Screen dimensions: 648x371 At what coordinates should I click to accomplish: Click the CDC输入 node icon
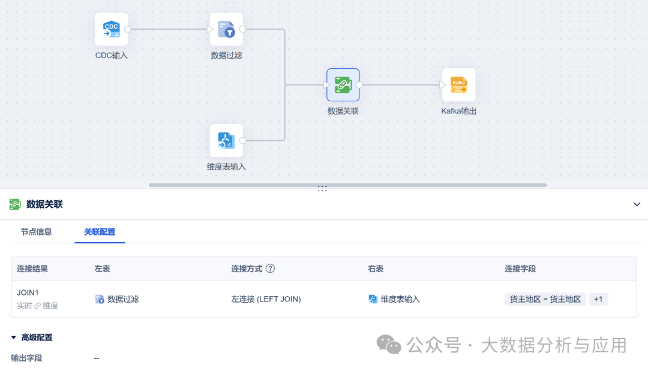pyautogui.click(x=111, y=29)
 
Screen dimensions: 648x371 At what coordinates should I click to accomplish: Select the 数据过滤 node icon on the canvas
pyautogui.click(x=226, y=29)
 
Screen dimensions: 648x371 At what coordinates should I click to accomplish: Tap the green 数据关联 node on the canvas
pyautogui.click(x=343, y=85)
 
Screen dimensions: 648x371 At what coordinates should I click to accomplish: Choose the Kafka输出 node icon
pyautogui.click(x=459, y=85)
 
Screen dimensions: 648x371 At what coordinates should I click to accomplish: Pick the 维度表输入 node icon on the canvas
pyautogui.click(x=226, y=141)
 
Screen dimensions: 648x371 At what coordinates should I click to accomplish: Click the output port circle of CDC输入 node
pyautogui.click(x=128, y=29)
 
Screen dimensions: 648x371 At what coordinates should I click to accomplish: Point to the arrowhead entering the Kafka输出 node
pyautogui.click(x=443, y=85)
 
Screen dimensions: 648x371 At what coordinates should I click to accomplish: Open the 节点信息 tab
pyautogui.click(x=37, y=232)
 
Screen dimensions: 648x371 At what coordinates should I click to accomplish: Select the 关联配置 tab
pyautogui.click(x=100, y=232)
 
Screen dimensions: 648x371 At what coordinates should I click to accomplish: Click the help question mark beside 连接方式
pyautogui.click(x=270, y=269)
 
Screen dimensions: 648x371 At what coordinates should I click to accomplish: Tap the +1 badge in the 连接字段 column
pyautogui.click(x=598, y=299)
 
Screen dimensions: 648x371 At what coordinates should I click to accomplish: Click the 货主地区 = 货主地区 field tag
pyautogui.click(x=545, y=299)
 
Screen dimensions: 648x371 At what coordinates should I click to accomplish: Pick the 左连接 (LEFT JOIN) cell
pyautogui.click(x=266, y=299)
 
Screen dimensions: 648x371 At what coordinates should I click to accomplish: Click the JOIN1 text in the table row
pyautogui.click(x=28, y=292)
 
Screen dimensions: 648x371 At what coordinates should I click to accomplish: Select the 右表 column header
pyautogui.click(x=376, y=269)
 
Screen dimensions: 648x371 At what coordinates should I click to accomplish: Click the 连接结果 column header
pyautogui.click(x=32, y=269)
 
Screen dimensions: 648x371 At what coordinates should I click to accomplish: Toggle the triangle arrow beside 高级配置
pyautogui.click(x=14, y=337)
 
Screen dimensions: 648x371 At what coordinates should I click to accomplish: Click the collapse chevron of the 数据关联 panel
pyautogui.click(x=637, y=204)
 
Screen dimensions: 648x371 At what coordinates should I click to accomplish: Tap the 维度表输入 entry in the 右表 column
pyautogui.click(x=394, y=299)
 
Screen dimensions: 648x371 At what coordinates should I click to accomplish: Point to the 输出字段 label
pyautogui.click(x=26, y=358)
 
